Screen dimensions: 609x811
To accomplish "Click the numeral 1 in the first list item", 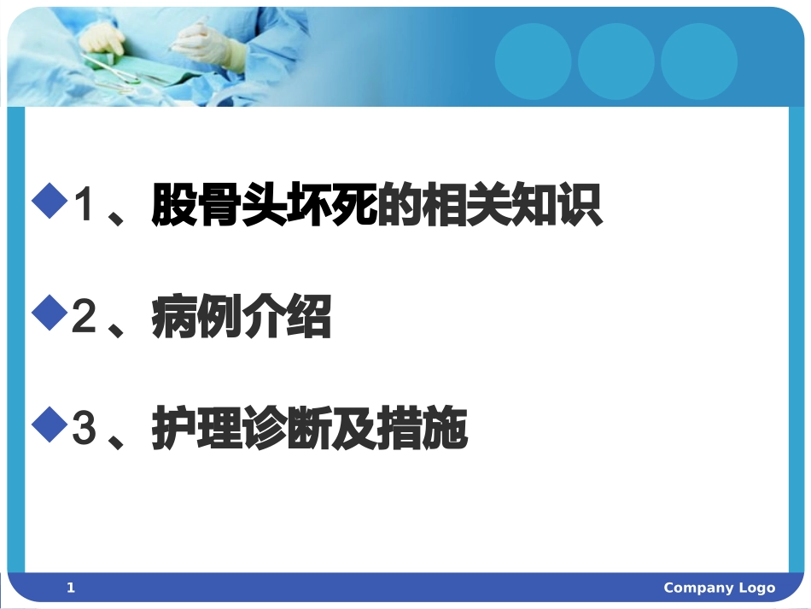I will [84, 206].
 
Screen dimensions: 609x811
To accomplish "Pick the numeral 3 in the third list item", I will [84, 429].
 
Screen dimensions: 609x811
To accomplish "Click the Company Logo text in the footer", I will [719, 588].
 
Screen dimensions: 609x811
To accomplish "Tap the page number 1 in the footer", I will [71, 588].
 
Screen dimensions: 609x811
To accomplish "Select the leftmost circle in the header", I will [533, 61].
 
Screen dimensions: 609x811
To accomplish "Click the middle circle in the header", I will [616, 61].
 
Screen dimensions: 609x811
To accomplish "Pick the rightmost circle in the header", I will [698, 61].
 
